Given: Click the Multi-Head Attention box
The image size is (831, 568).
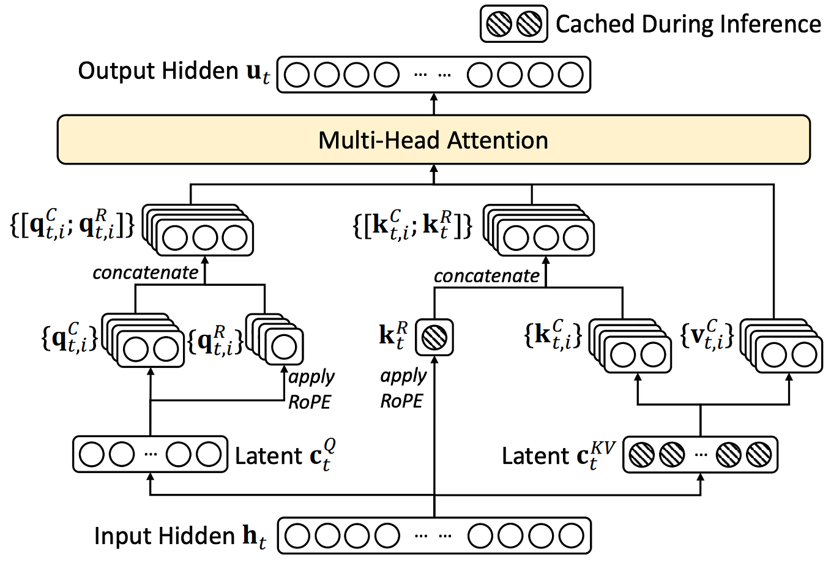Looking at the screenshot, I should [433, 140].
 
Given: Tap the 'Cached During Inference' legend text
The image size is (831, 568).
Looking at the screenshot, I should [688, 24].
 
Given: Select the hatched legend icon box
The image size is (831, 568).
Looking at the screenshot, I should [513, 24].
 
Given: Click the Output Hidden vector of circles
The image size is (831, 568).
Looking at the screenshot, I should [433, 75].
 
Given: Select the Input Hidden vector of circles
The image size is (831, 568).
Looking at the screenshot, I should [434, 536].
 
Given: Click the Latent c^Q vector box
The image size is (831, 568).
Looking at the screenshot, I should [150, 454].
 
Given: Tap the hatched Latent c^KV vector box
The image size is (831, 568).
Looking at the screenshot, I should [700, 455].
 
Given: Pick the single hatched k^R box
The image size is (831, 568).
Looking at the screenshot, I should [434, 337].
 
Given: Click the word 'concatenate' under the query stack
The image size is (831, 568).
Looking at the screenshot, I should [146, 272].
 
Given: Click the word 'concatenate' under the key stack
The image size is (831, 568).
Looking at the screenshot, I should [486, 276].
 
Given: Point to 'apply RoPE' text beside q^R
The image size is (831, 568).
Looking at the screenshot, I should [310, 389].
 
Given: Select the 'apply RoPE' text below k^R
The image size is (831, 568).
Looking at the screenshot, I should [402, 388].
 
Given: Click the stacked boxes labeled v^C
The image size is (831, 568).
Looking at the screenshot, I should [781, 346].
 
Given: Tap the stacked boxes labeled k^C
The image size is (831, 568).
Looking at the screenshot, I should [630, 346].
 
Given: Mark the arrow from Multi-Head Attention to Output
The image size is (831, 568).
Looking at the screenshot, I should [434, 103].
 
